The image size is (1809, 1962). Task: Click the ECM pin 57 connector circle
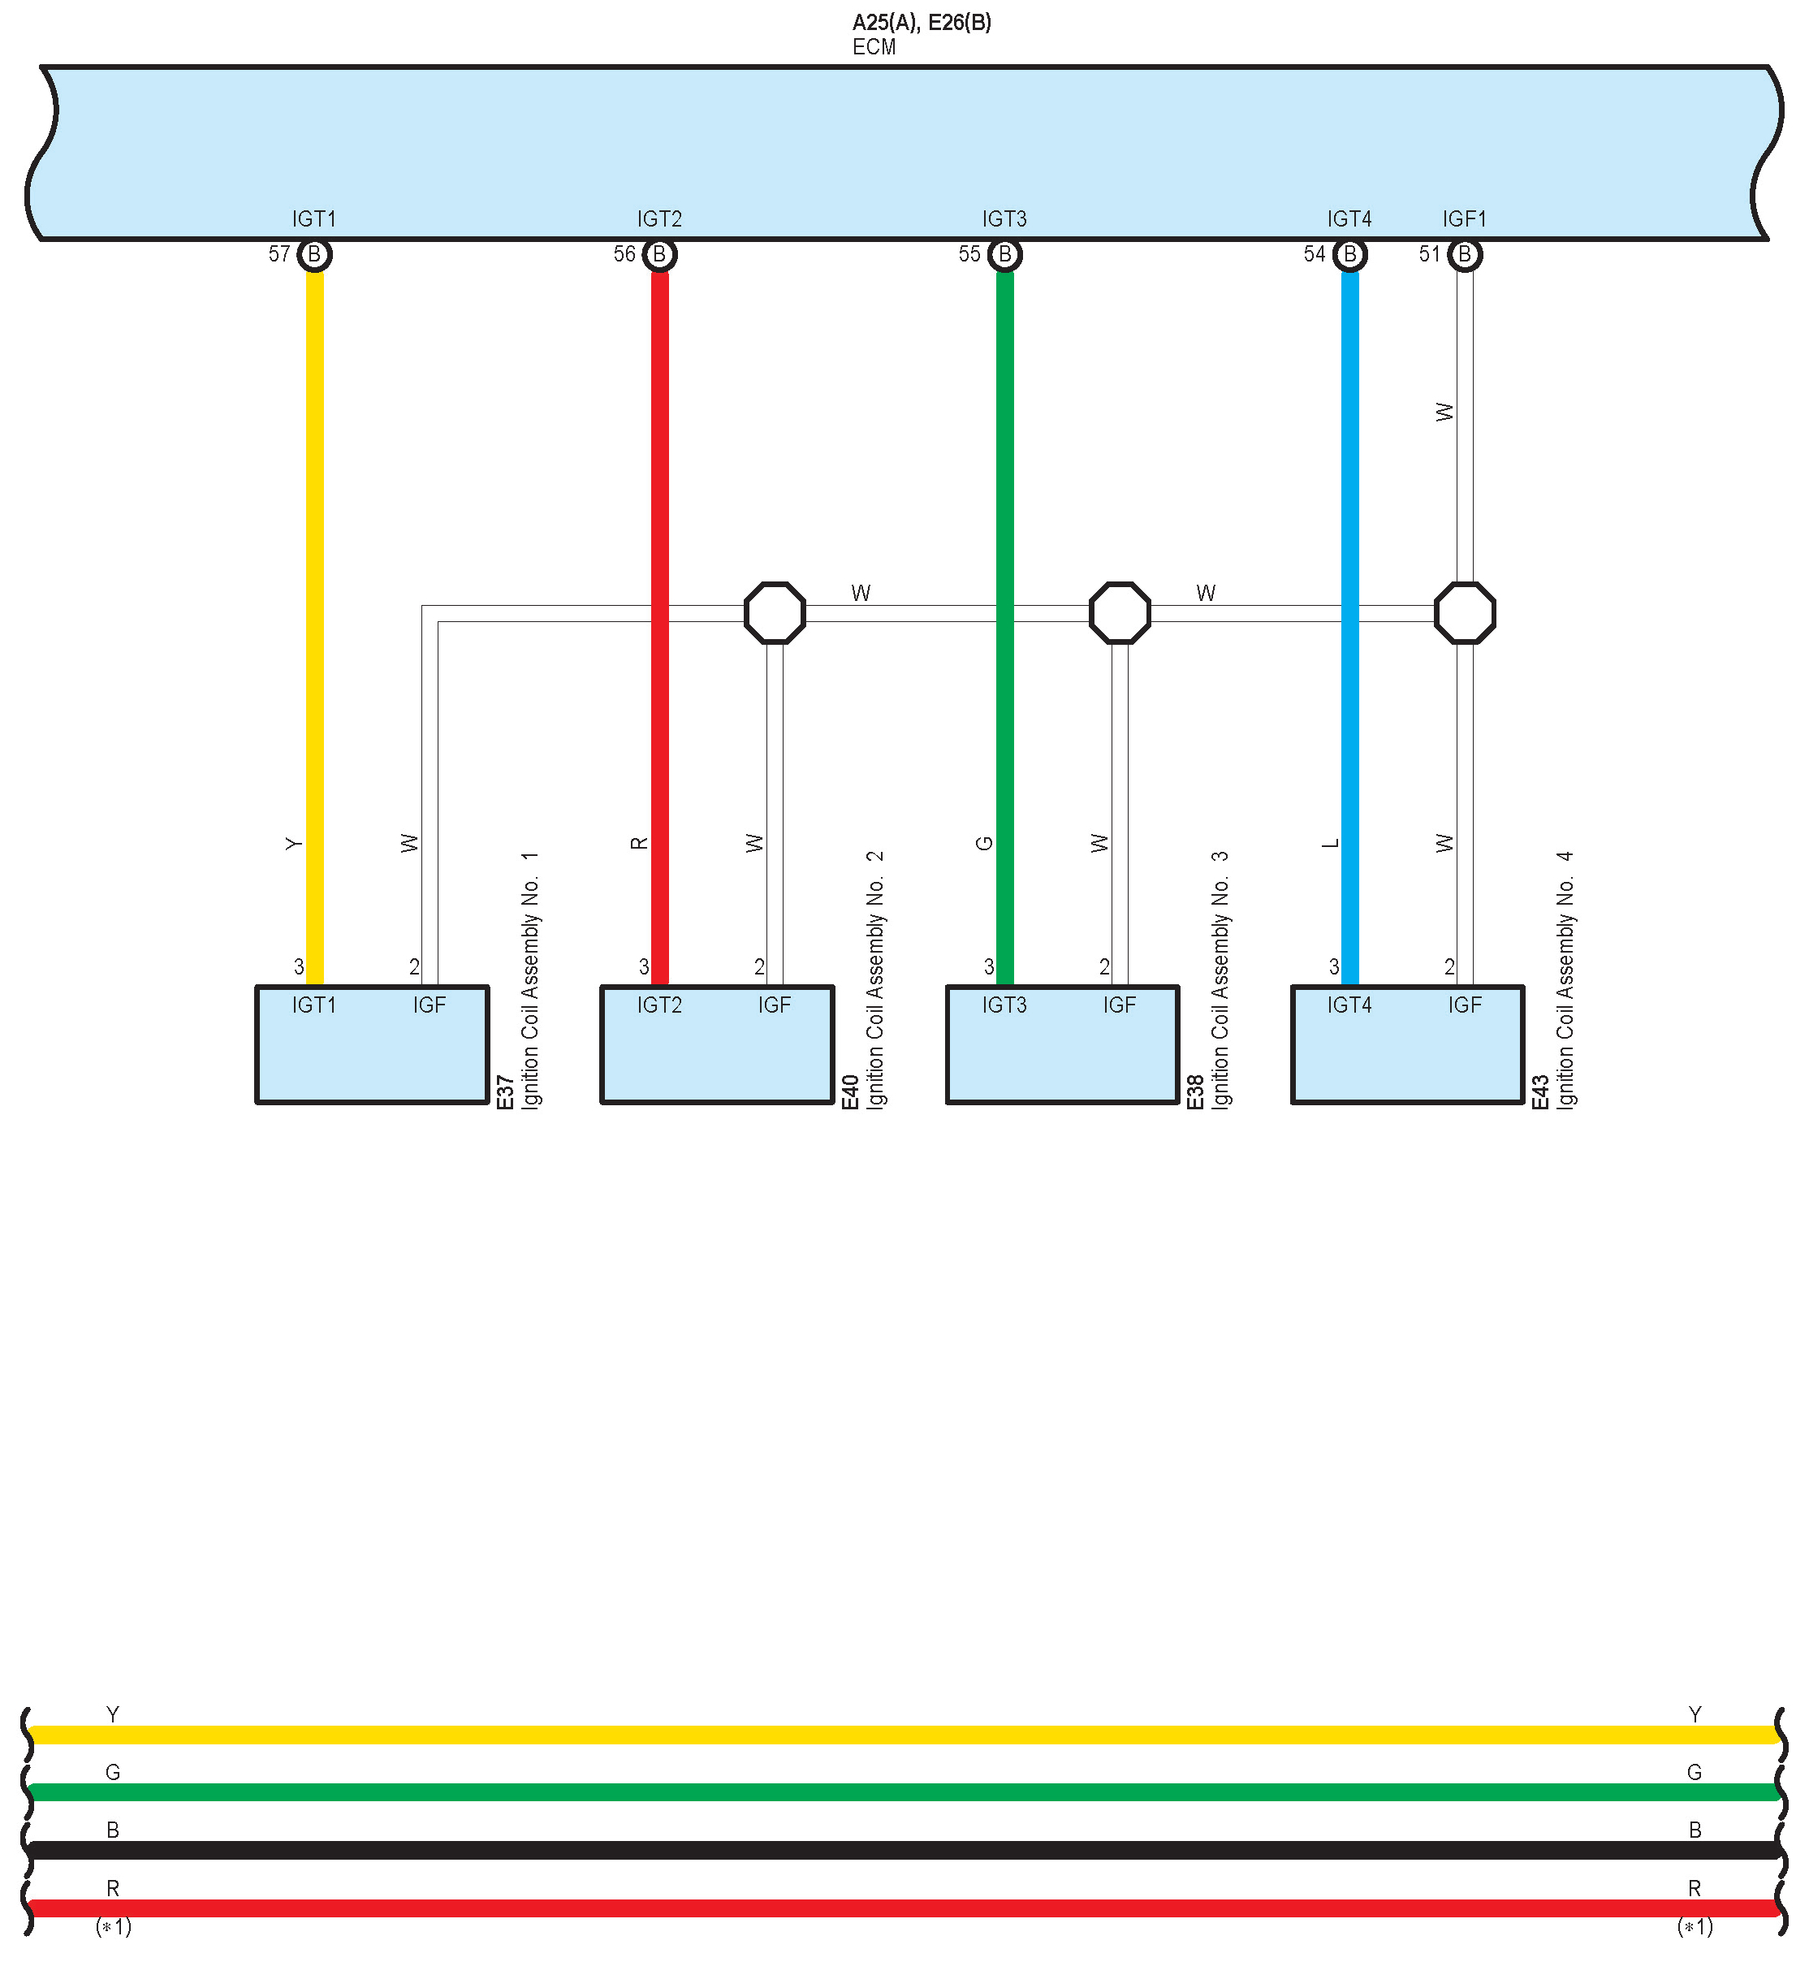coord(314,254)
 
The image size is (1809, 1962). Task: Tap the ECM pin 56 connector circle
coord(660,254)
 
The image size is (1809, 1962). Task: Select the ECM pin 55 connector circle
coord(1004,254)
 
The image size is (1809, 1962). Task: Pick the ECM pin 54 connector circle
coord(1350,254)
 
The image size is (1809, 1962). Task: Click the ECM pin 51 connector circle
coord(1465,254)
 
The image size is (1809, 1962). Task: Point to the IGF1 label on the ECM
coord(1465,219)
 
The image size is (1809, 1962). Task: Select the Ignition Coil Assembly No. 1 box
coord(372,1044)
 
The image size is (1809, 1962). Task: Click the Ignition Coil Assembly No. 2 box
coord(718,1044)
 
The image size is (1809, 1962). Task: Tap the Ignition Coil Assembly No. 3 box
coord(1062,1044)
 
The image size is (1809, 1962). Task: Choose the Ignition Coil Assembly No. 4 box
coord(1408,1044)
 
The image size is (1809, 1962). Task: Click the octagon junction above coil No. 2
coord(775,613)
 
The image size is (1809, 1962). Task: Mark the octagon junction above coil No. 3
coord(1120,613)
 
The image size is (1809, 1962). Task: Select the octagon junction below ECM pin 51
coord(1465,613)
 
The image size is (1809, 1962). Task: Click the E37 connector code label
coord(505,1091)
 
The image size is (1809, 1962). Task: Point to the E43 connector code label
coord(1539,1091)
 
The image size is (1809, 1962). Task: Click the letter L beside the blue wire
coord(1330,844)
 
